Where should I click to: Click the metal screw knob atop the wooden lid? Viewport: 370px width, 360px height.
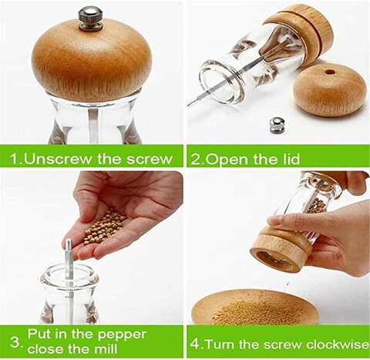point(91,19)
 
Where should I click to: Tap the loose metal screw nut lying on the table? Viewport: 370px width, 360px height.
point(277,126)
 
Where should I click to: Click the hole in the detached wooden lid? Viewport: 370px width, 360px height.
point(329,72)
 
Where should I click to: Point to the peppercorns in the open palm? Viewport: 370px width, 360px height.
point(105,227)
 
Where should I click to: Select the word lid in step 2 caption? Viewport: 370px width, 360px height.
point(291,159)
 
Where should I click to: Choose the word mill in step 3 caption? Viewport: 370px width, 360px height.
point(106,348)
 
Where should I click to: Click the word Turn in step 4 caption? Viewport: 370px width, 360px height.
point(220,345)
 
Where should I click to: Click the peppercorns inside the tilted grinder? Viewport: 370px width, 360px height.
point(317,206)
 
